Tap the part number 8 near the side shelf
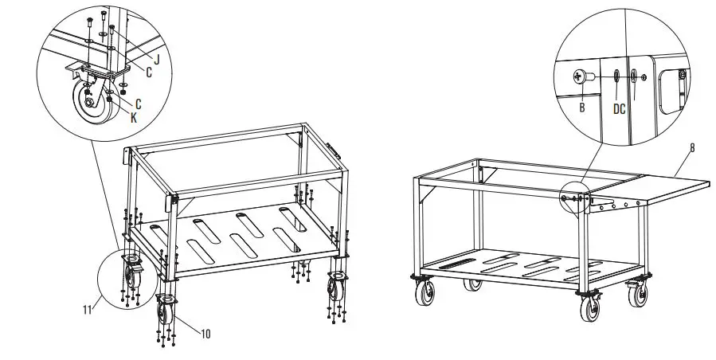pos(691,148)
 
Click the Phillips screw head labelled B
pos(577,77)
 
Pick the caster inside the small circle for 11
pos(131,276)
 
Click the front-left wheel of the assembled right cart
pos(422,293)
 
